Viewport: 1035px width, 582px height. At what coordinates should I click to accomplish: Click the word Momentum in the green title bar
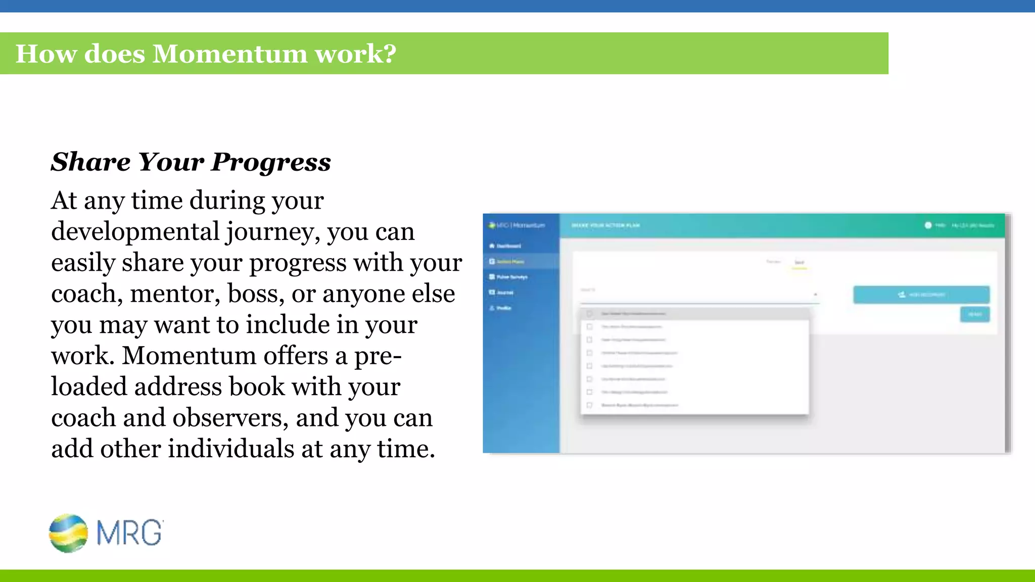pos(229,54)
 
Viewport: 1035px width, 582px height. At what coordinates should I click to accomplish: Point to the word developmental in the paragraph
pos(135,232)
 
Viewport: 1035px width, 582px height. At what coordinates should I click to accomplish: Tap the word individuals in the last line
pos(230,449)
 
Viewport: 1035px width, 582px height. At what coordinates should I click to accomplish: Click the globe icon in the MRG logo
pos(68,533)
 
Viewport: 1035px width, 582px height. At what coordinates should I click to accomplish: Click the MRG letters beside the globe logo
pos(129,532)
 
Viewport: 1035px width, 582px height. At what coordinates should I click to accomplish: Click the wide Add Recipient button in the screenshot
pos(921,295)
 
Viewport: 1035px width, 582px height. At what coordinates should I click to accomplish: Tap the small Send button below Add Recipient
pos(974,314)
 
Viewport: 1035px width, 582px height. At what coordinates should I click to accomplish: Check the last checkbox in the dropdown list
pos(589,405)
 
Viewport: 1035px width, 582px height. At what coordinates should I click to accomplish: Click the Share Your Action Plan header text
pos(605,225)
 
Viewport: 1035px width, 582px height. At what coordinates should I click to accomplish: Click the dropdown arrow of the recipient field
pos(815,295)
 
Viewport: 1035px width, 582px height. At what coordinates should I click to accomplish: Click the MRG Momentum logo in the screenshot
pos(516,225)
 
